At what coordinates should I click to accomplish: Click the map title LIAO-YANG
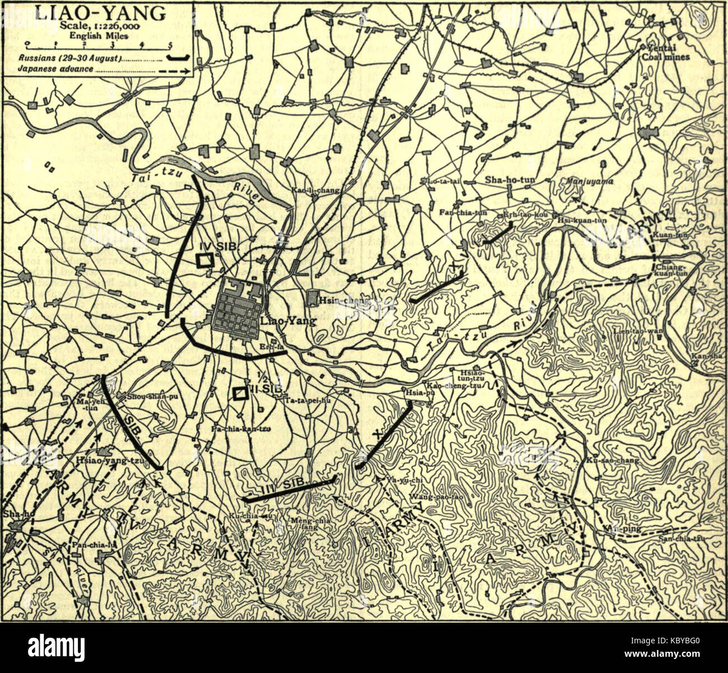coord(100,12)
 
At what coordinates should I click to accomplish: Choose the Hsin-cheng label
coord(343,301)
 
